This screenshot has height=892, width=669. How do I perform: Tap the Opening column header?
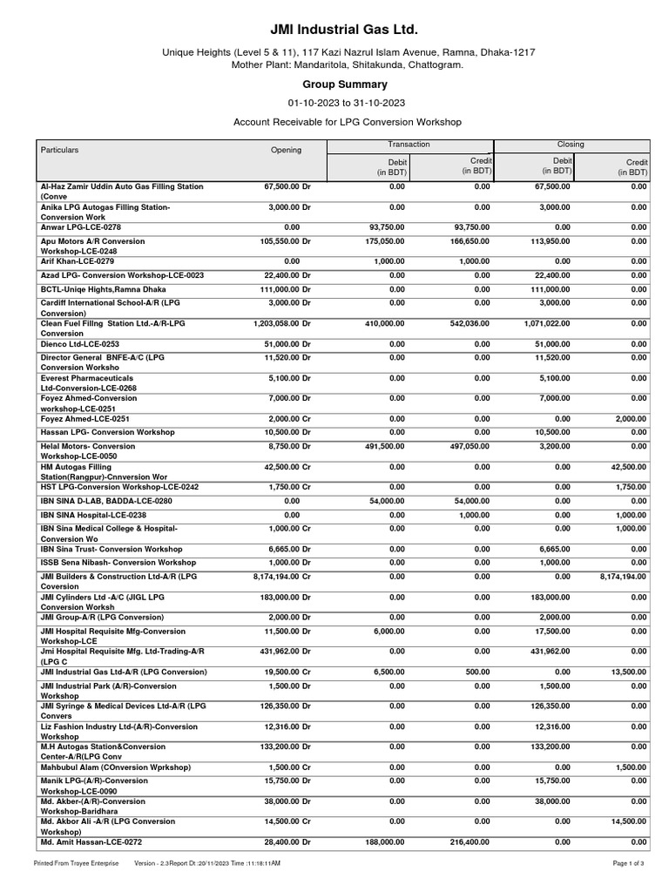[286, 150]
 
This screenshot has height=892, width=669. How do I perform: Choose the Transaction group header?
[409, 145]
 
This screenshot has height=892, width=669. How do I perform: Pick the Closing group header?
[571, 145]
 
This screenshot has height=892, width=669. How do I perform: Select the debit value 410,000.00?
[384, 323]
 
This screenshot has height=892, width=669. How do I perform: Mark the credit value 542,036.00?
[468, 323]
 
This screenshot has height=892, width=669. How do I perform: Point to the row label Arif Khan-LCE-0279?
[78, 261]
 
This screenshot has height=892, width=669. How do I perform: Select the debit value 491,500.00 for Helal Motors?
[384, 446]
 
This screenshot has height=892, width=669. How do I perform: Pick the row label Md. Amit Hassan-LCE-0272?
[91, 842]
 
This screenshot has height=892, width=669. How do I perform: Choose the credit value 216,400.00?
[468, 842]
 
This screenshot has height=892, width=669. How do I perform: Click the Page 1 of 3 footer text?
[629, 863]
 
